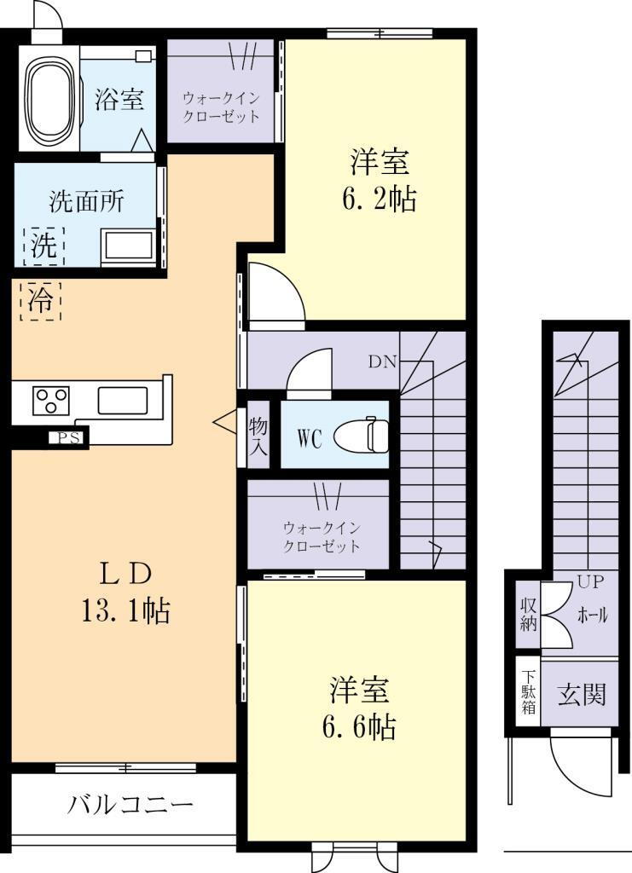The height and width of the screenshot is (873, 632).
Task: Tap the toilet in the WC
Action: coord(362,436)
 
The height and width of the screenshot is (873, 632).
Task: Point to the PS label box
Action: coord(67,438)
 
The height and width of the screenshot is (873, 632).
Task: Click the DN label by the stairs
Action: coord(383,362)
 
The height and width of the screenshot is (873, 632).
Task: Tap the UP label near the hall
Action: coord(591,582)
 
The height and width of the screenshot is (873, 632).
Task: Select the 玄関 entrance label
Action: coord(582,694)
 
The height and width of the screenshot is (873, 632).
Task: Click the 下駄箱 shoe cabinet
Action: coord(528,691)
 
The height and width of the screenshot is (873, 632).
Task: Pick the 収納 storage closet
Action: coord(528,615)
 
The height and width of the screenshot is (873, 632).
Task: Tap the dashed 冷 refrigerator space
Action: coord(41,301)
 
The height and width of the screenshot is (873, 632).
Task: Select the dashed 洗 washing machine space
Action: coord(44,246)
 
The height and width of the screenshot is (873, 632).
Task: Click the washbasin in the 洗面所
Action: coord(128,246)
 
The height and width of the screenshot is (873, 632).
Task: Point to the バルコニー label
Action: coord(130,805)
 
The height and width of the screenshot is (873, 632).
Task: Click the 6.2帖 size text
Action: coord(380,198)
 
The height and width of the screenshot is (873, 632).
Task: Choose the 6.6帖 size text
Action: coord(359,726)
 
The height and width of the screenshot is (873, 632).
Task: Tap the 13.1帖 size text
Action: coord(126,610)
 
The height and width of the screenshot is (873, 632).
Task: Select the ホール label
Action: coord(593,616)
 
